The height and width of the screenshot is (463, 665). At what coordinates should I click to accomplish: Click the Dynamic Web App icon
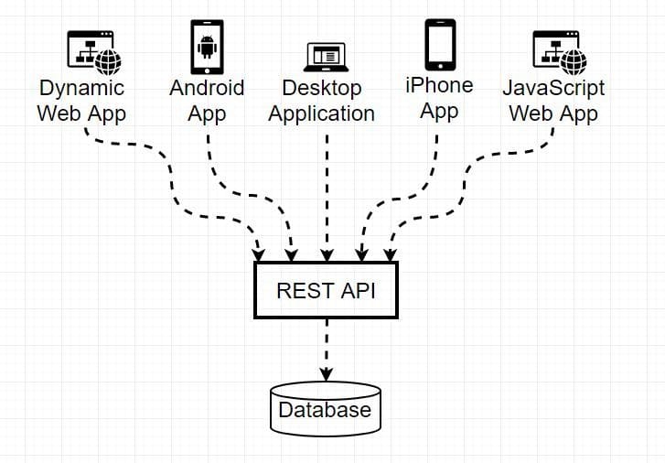click(x=94, y=53)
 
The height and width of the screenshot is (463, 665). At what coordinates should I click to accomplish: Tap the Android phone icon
click(x=207, y=47)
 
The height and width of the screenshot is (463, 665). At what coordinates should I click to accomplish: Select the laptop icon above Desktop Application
click(x=327, y=57)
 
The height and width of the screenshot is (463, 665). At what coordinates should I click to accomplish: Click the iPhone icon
click(x=440, y=45)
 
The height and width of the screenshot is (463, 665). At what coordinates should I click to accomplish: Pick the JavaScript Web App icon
click(x=560, y=53)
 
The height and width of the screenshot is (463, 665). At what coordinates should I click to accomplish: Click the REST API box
click(x=326, y=290)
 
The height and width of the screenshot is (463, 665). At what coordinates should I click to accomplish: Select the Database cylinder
click(x=326, y=409)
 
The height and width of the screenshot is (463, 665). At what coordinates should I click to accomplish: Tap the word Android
click(x=207, y=88)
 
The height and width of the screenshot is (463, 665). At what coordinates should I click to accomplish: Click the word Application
click(x=321, y=114)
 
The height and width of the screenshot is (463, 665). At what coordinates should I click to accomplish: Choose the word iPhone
click(x=439, y=86)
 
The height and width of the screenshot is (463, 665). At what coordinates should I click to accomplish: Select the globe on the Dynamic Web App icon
click(x=108, y=62)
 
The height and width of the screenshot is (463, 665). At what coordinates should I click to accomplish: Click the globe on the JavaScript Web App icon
click(x=574, y=62)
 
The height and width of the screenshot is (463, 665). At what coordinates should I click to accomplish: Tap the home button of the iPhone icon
click(x=440, y=66)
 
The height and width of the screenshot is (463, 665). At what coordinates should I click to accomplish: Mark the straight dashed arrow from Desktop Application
click(x=327, y=198)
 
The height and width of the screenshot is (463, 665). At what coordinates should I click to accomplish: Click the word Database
click(x=325, y=410)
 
